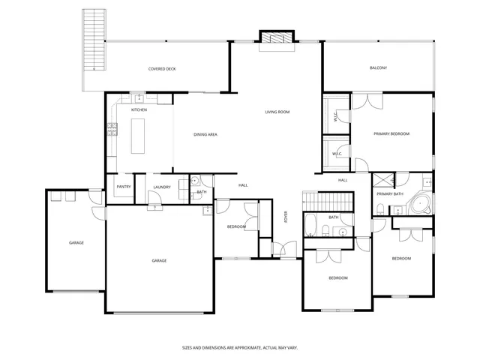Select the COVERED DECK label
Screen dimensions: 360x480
161,68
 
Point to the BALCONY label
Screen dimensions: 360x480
379,68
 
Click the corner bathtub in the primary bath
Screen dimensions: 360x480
421,204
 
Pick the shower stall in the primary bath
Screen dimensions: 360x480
383,180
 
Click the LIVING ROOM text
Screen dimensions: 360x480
277,112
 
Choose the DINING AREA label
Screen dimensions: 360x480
205,134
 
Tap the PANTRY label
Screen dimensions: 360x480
123,187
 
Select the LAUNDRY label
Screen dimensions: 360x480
162,187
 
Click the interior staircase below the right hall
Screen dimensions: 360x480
328,201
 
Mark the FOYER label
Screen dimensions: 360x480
285,217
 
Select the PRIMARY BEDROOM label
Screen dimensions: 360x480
391,133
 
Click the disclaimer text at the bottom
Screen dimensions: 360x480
240,347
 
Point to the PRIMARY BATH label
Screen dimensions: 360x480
390,193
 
